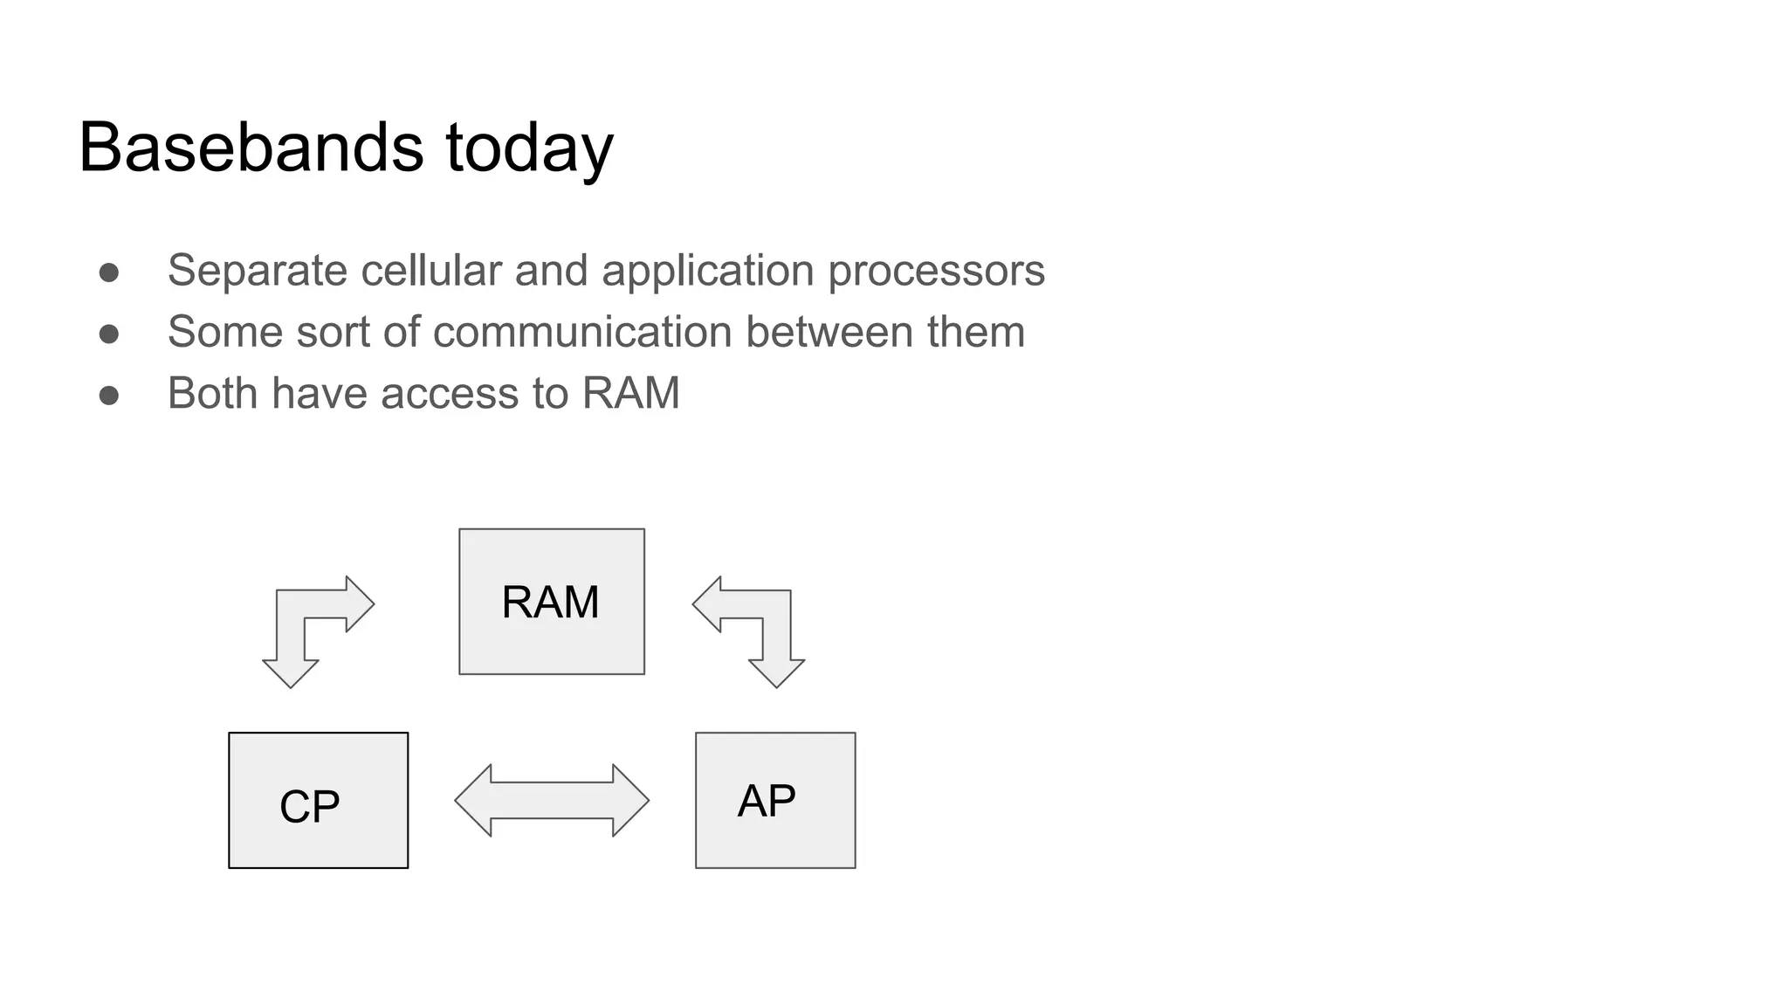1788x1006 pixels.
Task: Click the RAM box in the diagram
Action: click(x=552, y=602)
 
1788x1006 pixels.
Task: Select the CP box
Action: click(x=318, y=801)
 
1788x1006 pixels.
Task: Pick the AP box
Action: click(x=775, y=801)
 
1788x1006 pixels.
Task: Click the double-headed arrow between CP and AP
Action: click(x=552, y=801)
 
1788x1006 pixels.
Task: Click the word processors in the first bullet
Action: click(x=936, y=271)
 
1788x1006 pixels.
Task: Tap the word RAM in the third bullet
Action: click(x=630, y=393)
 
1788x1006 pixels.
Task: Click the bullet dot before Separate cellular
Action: click(x=109, y=272)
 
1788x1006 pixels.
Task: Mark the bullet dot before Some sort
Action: click(x=109, y=334)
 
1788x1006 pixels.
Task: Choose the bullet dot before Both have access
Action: click(x=109, y=396)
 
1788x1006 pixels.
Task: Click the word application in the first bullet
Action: click(x=707, y=271)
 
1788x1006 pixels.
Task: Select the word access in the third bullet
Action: click(x=449, y=394)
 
